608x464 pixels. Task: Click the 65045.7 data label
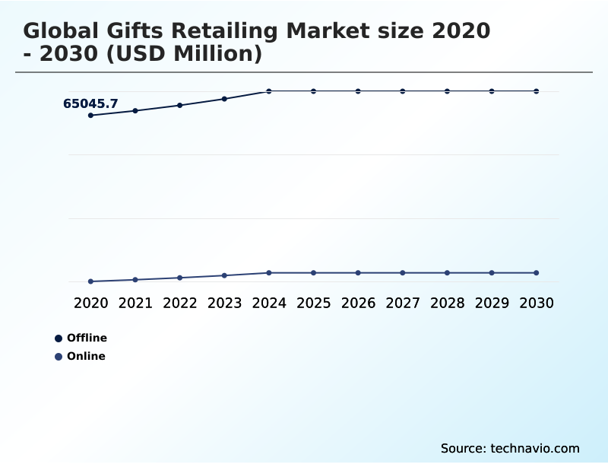tap(90, 104)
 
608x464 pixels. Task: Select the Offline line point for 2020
tap(91, 116)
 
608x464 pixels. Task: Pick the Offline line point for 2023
tap(224, 99)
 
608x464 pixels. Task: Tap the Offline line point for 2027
tap(403, 91)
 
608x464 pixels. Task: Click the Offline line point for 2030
tap(537, 91)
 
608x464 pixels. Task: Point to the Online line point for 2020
tap(91, 281)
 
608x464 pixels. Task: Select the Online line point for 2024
tap(269, 272)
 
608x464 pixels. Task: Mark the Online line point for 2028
tap(447, 272)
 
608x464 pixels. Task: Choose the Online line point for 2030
tap(537, 272)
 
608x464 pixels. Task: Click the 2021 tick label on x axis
tap(135, 303)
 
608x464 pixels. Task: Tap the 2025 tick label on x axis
tap(313, 303)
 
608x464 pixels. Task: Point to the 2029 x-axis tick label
tap(492, 303)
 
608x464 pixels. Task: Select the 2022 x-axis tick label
tap(180, 303)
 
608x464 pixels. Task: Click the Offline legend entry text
tap(87, 338)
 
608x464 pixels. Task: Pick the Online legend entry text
tap(86, 356)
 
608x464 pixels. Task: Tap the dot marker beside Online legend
tap(59, 356)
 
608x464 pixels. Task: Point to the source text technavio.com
tap(535, 448)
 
